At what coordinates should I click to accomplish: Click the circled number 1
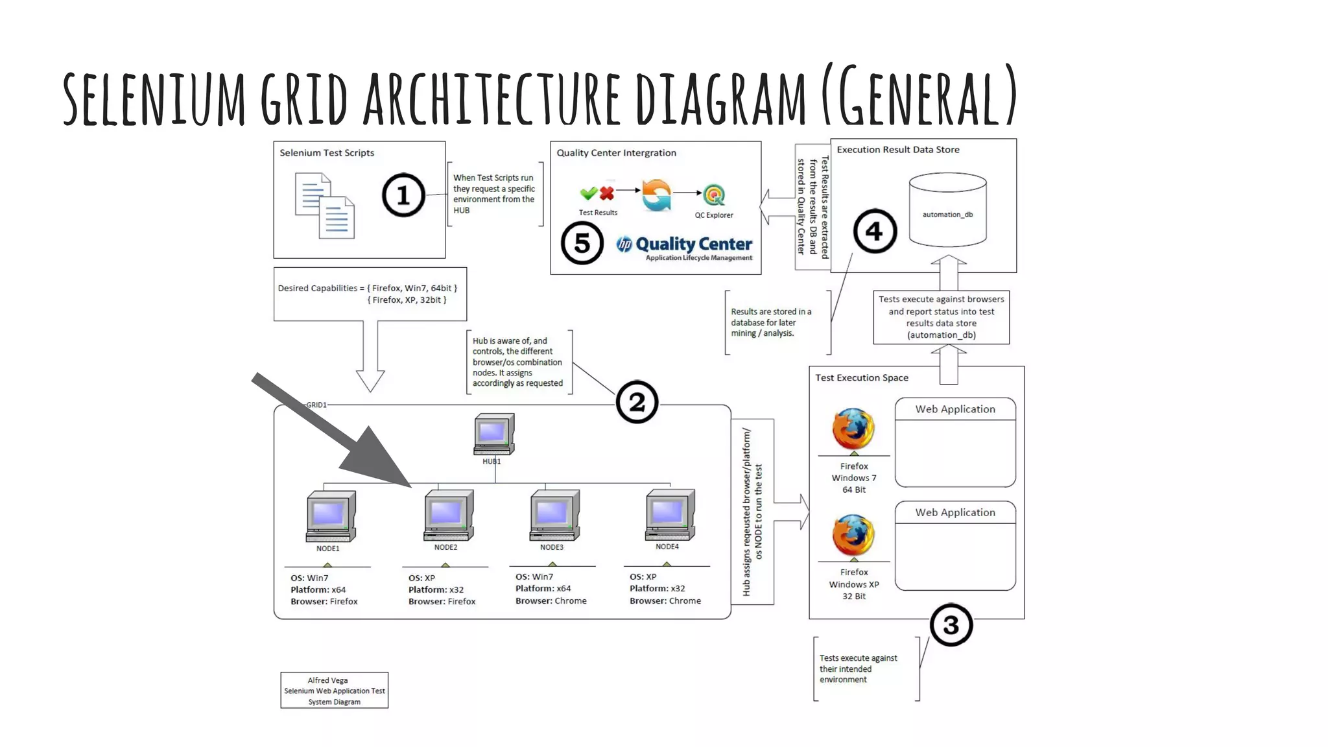pos(403,195)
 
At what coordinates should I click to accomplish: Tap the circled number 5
pos(582,243)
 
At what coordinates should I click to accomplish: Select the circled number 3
pos(951,625)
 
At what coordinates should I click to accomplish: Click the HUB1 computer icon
pos(493,434)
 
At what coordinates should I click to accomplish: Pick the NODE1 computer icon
pos(331,516)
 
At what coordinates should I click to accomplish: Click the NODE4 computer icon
pos(670,515)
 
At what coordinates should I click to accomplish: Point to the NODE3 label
pos(551,547)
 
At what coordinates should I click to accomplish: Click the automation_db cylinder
pos(947,210)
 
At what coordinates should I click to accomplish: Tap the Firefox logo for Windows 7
pos(853,429)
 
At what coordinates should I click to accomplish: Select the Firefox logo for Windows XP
pos(853,535)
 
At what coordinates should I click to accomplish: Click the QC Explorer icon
pos(714,195)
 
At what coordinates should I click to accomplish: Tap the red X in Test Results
pos(607,193)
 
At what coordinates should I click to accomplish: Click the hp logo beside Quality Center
pos(624,244)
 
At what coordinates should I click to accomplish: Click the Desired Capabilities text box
pos(370,294)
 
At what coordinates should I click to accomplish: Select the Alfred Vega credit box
pos(334,691)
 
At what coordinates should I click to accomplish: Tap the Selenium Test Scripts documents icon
pos(325,206)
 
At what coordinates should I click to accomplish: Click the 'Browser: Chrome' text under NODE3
pos(551,601)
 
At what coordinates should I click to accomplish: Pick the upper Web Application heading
pos(954,409)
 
